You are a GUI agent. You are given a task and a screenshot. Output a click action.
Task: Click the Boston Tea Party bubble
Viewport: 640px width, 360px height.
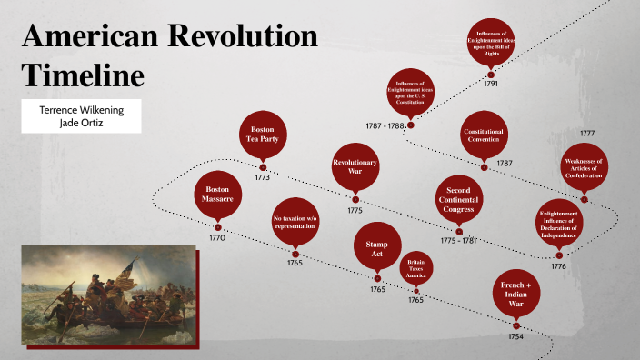[x=263, y=135]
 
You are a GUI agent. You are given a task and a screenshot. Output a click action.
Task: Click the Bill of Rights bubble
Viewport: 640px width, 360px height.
[x=491, y=42]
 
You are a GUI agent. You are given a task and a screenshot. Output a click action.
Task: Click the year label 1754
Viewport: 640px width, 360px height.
[x=516, y=335]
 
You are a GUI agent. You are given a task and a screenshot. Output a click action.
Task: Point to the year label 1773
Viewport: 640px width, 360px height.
[x=263, y=177]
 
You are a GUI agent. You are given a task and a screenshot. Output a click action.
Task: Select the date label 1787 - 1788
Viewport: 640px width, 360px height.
[x=385, y=125]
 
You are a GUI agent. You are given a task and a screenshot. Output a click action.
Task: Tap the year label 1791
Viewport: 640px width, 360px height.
[x=491, y=84]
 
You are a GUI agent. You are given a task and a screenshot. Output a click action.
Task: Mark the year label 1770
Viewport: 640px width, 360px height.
[x=217, y=237]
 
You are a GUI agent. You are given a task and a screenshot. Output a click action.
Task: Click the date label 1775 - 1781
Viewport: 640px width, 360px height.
[x=458, y=241]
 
